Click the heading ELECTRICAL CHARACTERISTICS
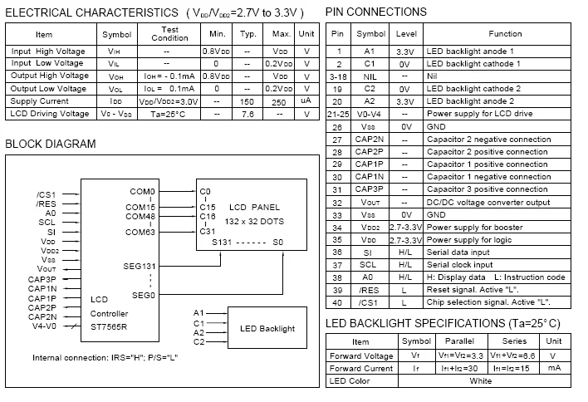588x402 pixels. coord(91,12)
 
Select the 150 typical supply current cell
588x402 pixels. coord(247,101)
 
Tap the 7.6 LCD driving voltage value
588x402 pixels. coord(247,114)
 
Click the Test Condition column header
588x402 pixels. coord(169,34)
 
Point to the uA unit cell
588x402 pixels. coord(306,100)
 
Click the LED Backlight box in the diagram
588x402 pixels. coord(267,328)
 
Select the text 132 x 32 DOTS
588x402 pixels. coord(254,221)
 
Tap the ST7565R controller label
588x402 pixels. coord(109,326)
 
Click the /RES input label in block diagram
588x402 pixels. coord(47,204)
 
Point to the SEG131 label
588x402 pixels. coord(140,267)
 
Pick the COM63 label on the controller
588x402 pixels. coord(140,232)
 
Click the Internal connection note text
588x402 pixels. coord(105,357)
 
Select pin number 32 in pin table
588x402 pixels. coord(337,203)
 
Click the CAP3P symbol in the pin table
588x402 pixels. coord(369,189)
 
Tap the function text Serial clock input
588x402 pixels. coord(459,265)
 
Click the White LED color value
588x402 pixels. coord(480,380)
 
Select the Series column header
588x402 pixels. coord(514,341)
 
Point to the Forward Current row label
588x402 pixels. coord(361,368)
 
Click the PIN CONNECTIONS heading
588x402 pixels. coord(375,12)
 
